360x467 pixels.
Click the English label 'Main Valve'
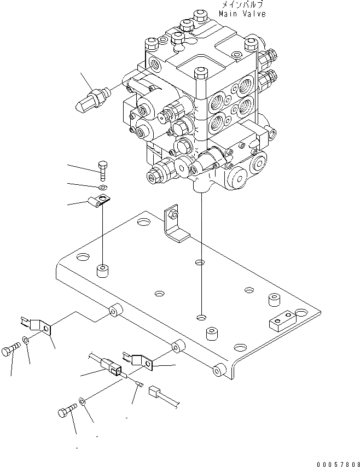[x=242, y=14]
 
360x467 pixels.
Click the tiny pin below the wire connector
[x=140, y=384]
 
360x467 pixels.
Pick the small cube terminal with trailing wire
[x=154, y=392]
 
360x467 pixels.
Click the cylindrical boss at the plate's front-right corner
[x=219, y=370]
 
